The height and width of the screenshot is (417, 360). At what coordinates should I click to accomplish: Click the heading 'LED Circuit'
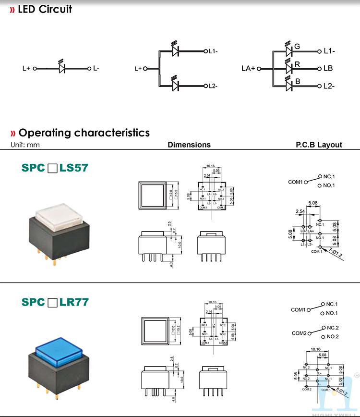45,9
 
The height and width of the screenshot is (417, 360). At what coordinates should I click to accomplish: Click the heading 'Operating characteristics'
84,133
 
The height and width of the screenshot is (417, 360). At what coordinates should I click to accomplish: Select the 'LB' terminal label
328,68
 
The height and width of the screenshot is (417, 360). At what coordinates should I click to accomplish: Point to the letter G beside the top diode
297,47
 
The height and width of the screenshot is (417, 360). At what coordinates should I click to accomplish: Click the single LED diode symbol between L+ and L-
62,68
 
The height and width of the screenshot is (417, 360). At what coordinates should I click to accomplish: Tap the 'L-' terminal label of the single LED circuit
96,68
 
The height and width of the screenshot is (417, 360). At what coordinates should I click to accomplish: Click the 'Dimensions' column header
189,145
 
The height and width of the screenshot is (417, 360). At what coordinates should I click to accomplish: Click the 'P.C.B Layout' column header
319,145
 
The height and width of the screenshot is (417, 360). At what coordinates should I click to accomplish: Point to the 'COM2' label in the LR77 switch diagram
299,333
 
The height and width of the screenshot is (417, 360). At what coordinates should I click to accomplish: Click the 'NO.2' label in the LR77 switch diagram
332,337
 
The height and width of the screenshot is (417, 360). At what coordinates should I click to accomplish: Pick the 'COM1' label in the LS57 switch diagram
295,182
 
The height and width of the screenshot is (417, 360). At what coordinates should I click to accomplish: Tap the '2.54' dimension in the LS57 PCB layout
300,211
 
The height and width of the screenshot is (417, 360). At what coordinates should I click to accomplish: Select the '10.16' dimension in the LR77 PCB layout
315,349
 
